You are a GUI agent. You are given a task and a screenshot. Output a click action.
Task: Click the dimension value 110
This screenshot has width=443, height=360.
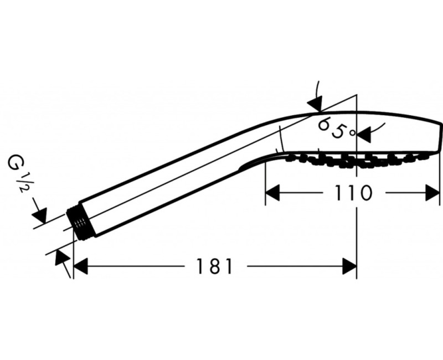point(353,193)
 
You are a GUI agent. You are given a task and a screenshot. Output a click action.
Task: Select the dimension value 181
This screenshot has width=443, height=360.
point(214,266)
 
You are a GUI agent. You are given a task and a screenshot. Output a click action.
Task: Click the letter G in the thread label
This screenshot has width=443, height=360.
point(15,165)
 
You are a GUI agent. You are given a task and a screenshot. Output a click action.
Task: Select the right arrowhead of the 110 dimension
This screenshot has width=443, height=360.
point(432,193)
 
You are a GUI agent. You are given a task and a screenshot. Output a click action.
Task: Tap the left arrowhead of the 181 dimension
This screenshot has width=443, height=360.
point(81,266)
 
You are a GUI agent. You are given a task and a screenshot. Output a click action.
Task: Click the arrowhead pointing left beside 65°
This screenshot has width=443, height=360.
point(363,133)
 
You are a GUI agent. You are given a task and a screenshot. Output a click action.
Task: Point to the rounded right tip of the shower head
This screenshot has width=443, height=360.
point(437,138)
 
